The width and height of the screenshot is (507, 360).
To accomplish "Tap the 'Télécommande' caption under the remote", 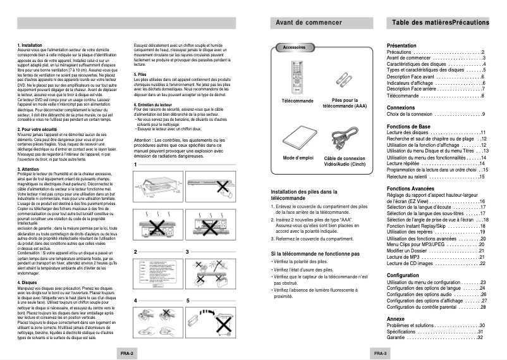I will click(296, 101).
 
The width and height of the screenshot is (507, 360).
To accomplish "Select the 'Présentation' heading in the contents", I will click(401, 46).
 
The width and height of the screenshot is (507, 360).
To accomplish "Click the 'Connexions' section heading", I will click(401, 108).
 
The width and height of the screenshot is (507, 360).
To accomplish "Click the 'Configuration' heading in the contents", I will click(403, 275).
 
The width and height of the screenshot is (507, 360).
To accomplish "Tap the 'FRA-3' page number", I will click(379, 352).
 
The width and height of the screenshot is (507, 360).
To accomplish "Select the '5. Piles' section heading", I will click(141, 74).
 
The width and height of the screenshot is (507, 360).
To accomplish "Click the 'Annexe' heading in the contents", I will click(396, 319).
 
